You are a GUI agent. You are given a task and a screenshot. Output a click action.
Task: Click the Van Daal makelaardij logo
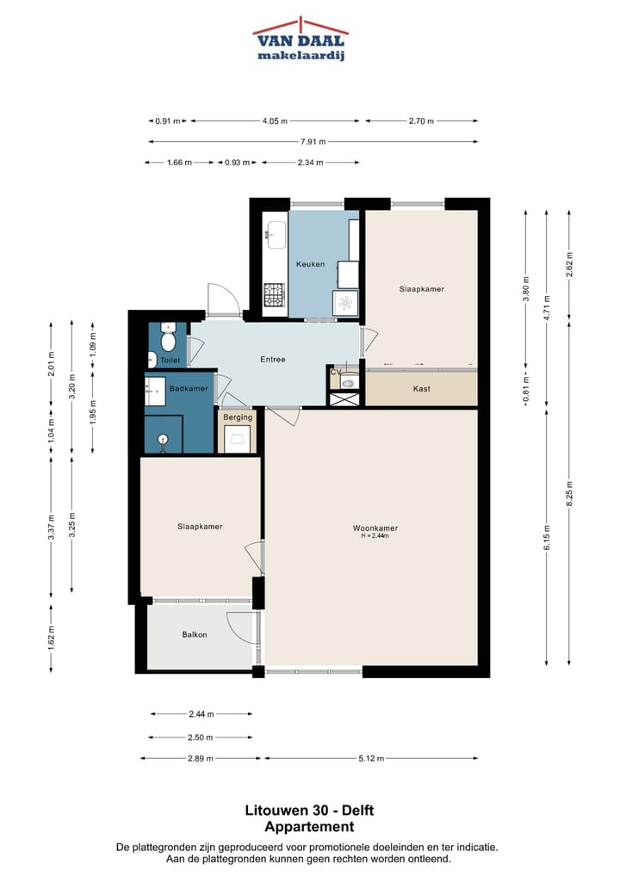pos(301,39)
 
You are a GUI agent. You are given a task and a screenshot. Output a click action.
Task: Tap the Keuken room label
pos(310,264)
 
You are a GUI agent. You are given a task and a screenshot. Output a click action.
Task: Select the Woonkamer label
pos(375,528)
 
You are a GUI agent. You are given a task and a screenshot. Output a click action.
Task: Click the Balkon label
pos(195,635)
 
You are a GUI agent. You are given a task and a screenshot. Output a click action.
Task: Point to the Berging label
pos(238,417)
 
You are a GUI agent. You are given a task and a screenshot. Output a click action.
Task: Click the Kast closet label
pos(422,389)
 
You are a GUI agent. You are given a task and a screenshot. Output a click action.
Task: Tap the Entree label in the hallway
pos(273,359)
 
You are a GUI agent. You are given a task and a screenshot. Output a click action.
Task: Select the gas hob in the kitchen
pos(274,295)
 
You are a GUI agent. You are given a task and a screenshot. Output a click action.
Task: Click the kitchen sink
pos(276,235)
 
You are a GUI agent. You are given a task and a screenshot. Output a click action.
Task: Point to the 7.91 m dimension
pos(313,142)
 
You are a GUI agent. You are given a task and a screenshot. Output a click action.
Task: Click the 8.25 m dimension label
pos(569,493)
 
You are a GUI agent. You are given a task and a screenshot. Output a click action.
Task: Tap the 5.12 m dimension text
pos(371,759)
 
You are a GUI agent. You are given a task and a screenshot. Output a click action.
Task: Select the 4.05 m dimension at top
pos(275,120)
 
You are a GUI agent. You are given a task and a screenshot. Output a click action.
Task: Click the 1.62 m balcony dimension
pos(51,638)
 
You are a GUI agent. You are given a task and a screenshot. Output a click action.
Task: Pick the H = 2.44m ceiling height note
pos(375,536)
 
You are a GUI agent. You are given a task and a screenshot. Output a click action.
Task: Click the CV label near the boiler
pos(336,372)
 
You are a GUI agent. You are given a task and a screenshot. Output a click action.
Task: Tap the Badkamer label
pos(189,388)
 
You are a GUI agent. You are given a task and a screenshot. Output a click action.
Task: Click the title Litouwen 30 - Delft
pos(309,810)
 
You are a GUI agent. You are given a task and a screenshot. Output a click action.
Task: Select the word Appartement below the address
pos(309,827)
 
